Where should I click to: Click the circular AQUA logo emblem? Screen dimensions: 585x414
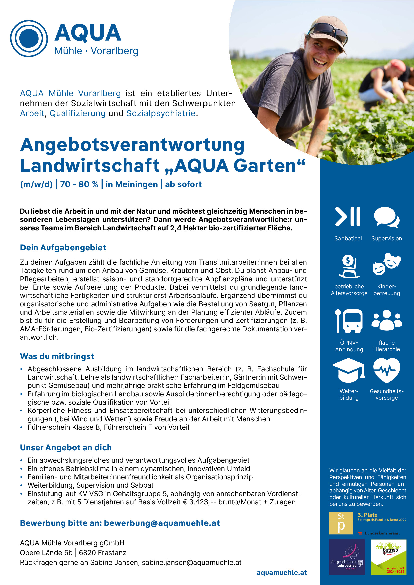[29, 39]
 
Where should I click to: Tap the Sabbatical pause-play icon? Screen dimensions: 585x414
[348, 217]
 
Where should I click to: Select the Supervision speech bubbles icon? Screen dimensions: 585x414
[386, 217]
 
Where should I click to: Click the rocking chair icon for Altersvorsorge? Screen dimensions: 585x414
[349, 267]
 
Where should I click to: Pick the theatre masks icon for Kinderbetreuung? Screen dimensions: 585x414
[386, 264]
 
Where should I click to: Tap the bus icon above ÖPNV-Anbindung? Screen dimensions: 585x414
[349, 321]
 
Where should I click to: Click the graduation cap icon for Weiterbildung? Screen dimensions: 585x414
[349, 370]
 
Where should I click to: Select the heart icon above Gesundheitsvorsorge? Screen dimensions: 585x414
[387, 370]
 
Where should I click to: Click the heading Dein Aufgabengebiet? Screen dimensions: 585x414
[63, 248]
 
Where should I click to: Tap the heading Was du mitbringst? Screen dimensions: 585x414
[57, 356]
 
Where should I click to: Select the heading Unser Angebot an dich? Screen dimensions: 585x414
[66, 447]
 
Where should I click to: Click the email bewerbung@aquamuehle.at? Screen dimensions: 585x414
[162, 523]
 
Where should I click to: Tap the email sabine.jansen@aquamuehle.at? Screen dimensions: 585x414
[191, 562]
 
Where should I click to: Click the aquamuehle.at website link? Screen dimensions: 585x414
[281, 572]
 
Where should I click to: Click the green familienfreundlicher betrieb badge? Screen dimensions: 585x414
[388, 557]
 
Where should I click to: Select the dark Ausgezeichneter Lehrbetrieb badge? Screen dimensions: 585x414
[347, 557]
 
